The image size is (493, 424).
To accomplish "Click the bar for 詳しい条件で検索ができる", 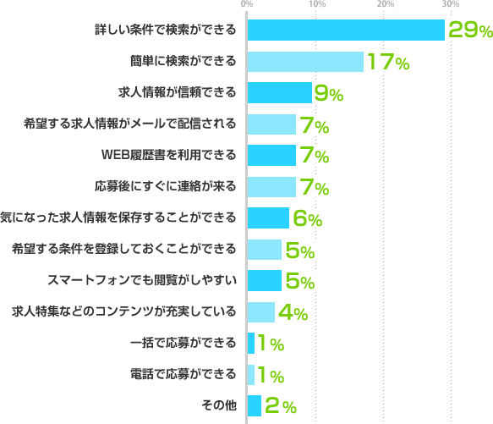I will click(x=346, y=30).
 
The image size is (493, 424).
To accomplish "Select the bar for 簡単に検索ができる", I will click(x=305, y=62).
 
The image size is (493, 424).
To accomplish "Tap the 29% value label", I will click(x=470, y=31).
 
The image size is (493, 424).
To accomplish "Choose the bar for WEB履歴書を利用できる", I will click(x=271, y=156).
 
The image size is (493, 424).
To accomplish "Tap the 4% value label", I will click(x=293, y=313).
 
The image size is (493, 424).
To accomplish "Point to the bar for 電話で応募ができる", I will click(x=251, y=374).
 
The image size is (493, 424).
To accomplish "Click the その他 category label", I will click(x=219, y=406).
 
